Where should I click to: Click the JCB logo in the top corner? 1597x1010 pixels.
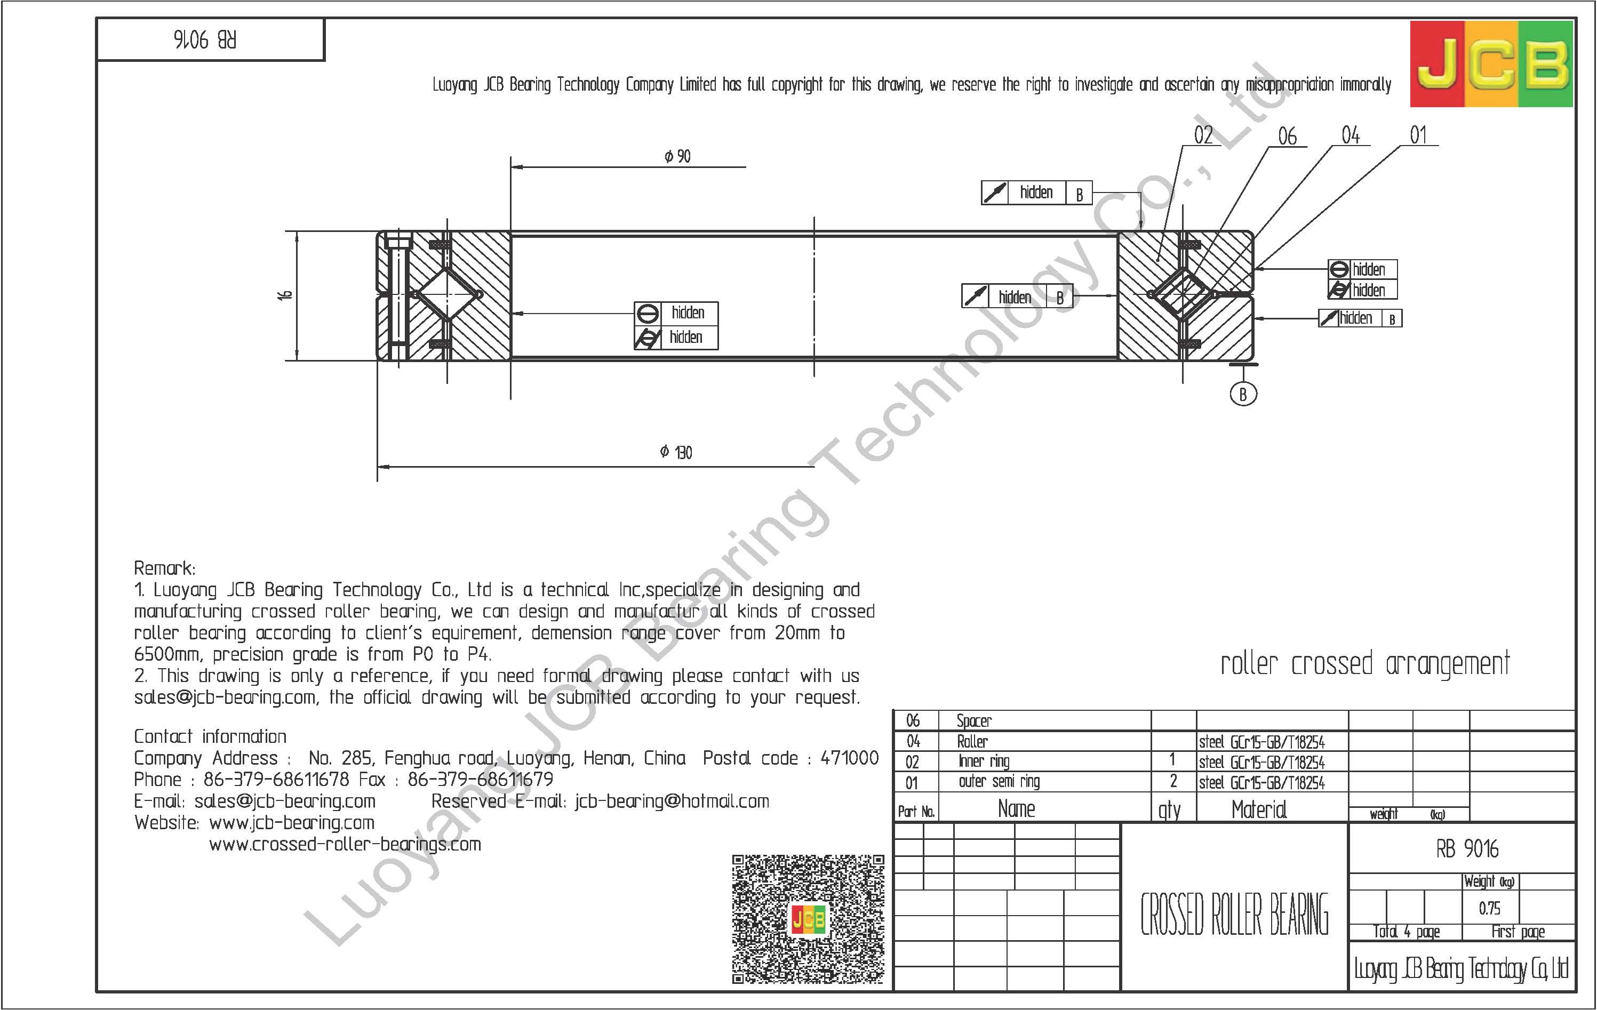point(1491,63)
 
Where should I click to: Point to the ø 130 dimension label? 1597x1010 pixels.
point(676,452)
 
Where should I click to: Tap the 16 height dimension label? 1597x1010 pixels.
point(285,295)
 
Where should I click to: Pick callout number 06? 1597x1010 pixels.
point(1287,137)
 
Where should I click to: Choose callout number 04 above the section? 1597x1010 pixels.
point(1350,135)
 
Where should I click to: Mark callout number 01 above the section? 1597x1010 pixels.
point(1418,135)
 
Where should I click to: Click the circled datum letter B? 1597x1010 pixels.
point(1243,395)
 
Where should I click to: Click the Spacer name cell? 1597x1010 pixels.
point(973,721)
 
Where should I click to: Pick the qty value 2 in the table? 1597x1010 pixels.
point(1172,782)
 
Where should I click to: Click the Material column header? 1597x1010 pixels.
point(1258,809)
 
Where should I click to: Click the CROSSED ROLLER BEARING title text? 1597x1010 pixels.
point(1234,915)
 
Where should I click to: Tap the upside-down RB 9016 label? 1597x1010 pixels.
point(205,40)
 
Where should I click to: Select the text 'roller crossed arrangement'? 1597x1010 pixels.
point(1365,664)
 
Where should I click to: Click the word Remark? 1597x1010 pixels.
point(164,568)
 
